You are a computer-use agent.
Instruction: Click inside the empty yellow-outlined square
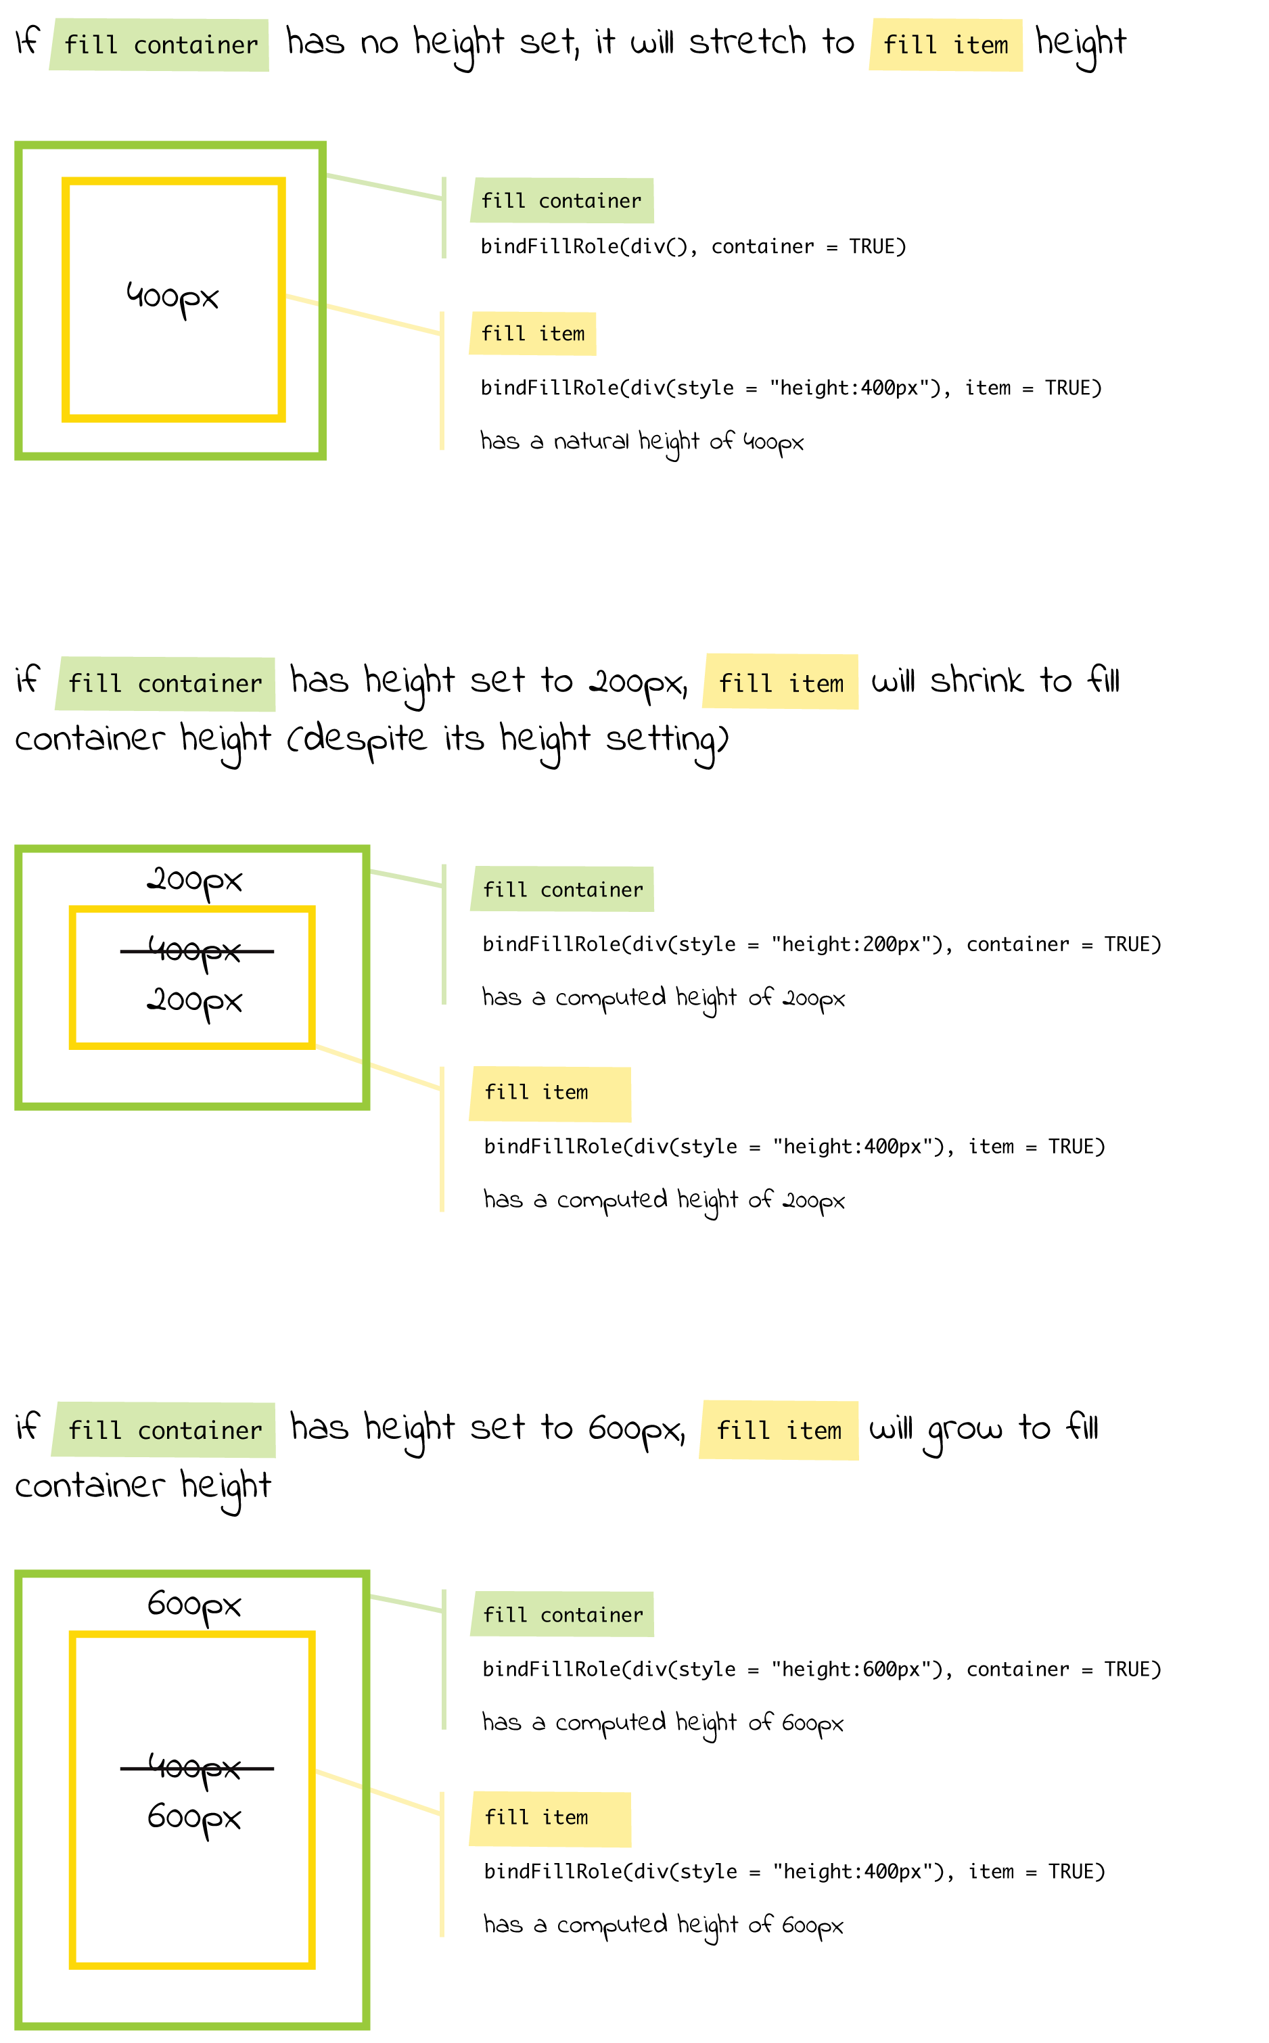tap(174, 300)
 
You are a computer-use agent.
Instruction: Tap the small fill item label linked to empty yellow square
tap(532, 334)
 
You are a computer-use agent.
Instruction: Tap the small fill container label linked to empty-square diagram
tap(561, 201)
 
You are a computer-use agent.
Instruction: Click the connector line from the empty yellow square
tap(369, 316)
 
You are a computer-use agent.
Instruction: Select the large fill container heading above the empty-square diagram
tap(160, 45)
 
